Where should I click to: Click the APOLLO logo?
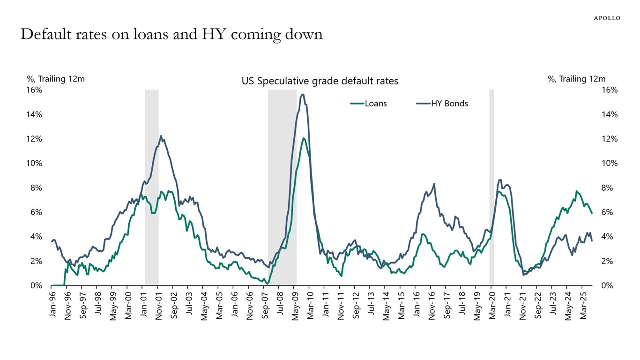[x=607, y=18]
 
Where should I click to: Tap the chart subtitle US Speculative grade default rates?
[x=320, y=81]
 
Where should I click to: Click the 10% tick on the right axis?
[x=609, y=163]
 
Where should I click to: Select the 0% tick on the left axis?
[x=36, y=285]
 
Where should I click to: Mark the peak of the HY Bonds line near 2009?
[x=303, y=95]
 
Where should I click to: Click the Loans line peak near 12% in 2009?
[x=304, y=138]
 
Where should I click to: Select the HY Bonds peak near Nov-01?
[x=161, y=136]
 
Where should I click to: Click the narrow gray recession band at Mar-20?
[x=491, y=187]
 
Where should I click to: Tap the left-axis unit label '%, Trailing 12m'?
[x=56, y=79]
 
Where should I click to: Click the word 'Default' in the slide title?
[x=47, y=34]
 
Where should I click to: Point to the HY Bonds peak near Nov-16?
[x=434, y=184]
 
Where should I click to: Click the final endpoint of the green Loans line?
[x=592, y=213]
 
